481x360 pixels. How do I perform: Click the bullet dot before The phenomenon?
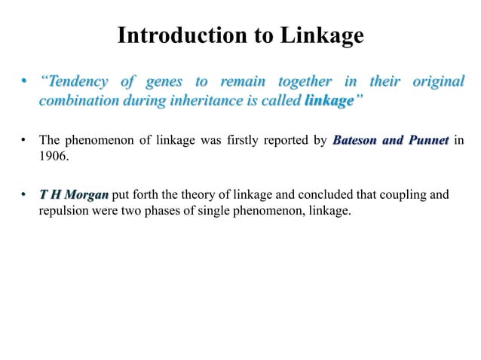pos(25,140)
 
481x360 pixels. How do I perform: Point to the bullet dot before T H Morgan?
pos(25,196)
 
